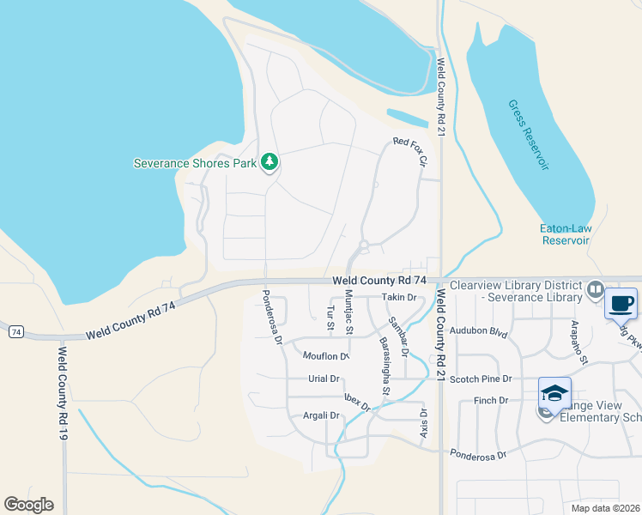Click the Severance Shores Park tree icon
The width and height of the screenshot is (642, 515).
(270, 161)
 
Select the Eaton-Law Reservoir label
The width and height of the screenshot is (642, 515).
(565, 234)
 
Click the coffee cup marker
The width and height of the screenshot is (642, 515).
(621, 303)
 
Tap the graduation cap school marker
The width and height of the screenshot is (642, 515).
(554, 393)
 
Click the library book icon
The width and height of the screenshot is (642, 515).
(597, 291)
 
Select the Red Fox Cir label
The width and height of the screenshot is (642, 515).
(409, 152)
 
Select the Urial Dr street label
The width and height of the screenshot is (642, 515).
(324, 379)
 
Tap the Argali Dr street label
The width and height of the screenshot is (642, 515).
(322, 415)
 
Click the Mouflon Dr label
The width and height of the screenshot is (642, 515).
(325, 355)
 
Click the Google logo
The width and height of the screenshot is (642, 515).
(28, 505)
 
